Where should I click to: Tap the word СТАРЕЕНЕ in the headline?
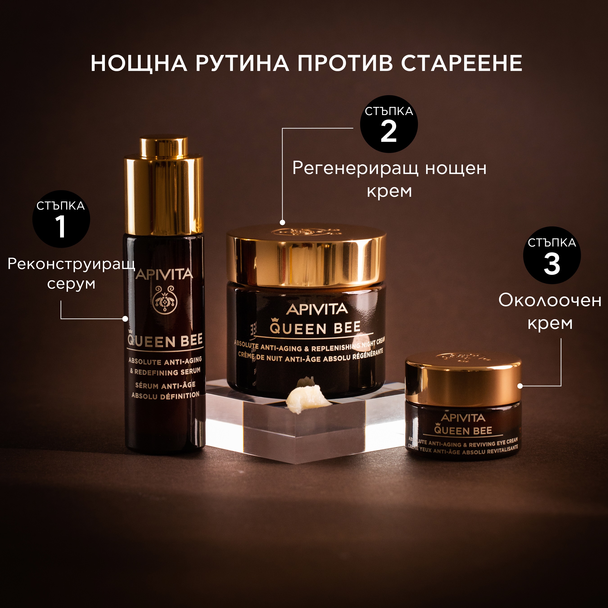462,63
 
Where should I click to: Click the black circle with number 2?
389,124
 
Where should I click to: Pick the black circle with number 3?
552,255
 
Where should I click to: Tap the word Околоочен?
550,300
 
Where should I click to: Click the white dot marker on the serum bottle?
125,319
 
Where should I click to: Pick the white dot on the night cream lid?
282,222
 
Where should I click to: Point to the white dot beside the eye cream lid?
520,386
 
